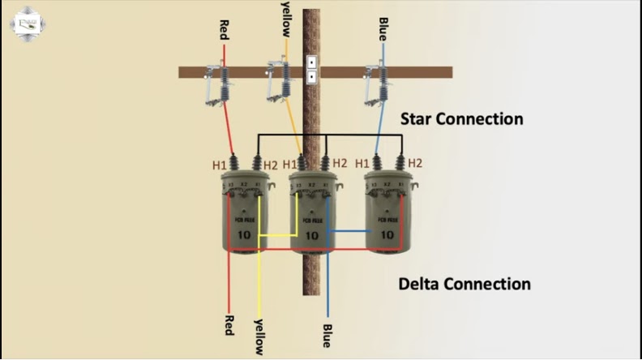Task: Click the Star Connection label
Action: point(461,119)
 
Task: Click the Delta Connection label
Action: point(464,285)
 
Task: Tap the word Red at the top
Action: point(225,30)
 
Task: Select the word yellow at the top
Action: point(285,17)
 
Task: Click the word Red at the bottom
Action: point(229,325)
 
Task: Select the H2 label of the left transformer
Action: point(271,165)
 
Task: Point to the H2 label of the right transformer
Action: point(415,163)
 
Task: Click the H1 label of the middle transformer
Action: point(290,165)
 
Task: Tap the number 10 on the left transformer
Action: point(244,235)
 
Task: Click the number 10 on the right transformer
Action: point(387,235)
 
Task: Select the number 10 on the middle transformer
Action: point(312,236)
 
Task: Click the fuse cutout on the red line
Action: point(220,84)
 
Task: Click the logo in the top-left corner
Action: point(26,24)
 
